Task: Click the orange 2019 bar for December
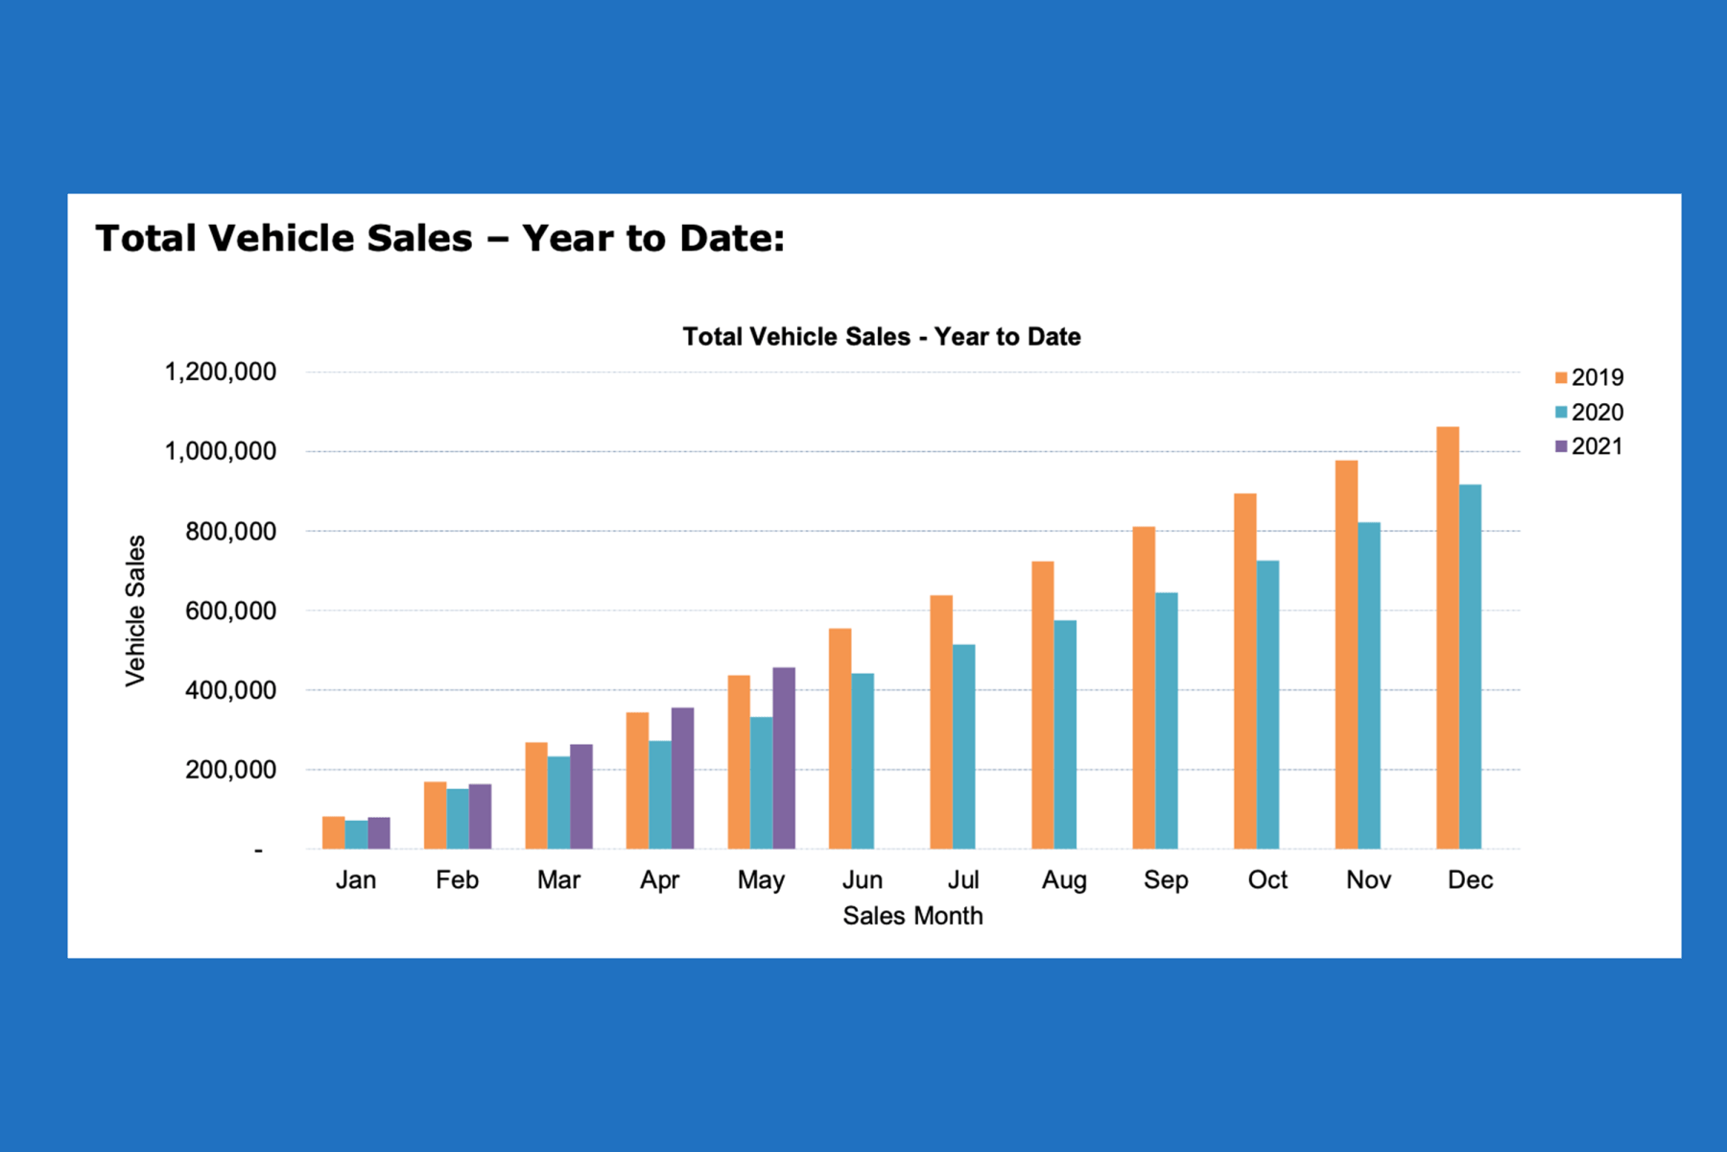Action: (1447, 638)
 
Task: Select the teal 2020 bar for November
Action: (1369, 685)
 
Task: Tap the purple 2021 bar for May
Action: (784, 758)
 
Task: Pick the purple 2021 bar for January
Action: (379, 832)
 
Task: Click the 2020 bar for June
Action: (863, 761)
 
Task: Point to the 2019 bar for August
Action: (1042, 705)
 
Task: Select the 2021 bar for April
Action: (682, 779)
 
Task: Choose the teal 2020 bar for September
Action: (1166, 720)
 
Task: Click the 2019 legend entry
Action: (1589, 377)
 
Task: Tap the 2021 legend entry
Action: (1589, 446)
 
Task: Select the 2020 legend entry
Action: (1589, 412)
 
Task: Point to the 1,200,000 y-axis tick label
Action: (221, 372)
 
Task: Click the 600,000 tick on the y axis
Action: (230, 611)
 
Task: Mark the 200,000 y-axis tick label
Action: (230, 770)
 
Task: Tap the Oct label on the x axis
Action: (1267, 879)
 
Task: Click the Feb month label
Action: (457, 879)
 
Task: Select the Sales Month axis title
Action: (912, 916)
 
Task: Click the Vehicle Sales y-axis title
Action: (136, 611)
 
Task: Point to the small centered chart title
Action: (881, 337)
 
